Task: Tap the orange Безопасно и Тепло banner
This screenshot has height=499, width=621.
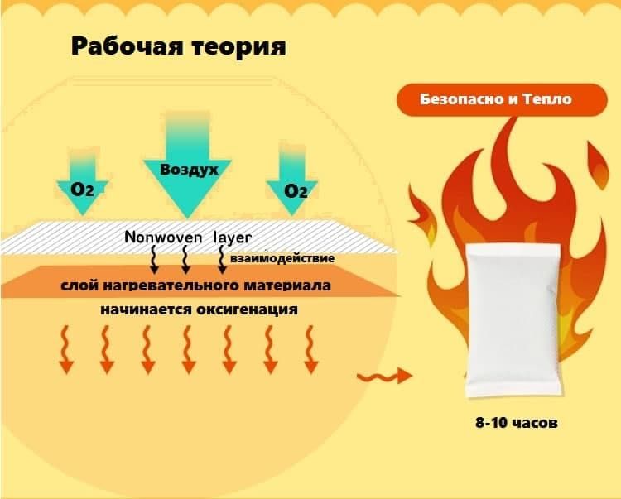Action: pos(497,99)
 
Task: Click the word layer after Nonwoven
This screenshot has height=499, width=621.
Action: pos(233,237)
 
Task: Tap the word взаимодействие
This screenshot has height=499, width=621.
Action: pos(282,258)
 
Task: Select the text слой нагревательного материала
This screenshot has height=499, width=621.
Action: pos(196,286)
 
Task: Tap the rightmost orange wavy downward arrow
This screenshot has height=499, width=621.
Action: pos(310,348)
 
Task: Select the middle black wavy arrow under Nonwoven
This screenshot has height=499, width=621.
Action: pos(185,259)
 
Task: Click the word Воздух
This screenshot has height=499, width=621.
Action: pos(190,169)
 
